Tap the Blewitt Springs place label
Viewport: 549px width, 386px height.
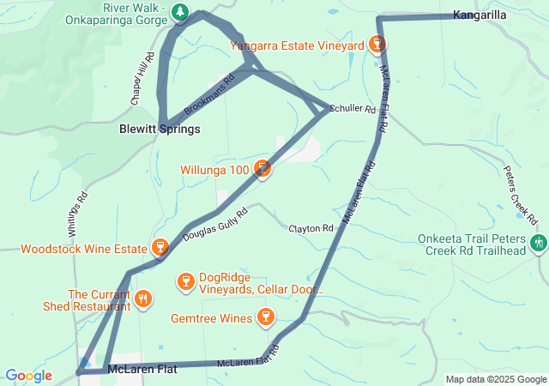(159, 129)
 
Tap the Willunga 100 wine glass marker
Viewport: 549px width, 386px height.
(263, 170)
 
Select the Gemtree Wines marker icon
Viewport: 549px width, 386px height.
(266, 319)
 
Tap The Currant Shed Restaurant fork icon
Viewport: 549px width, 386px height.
(143, 300)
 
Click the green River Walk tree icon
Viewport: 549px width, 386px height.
(180, 12)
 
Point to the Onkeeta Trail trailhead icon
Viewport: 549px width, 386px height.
(538, 244)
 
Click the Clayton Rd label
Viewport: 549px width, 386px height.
(311, 229)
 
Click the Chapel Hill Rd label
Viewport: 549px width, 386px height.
(142, 79)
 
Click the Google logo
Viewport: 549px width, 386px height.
(28, 376)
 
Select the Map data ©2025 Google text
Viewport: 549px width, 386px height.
(497, 379)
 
